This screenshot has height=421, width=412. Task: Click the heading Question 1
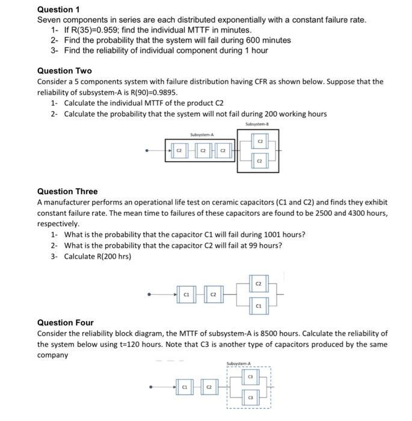(58, 10)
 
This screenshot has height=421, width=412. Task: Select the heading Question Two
(64, 71)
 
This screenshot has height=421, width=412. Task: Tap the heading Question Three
(67, 191)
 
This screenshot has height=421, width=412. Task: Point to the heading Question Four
(66, 322)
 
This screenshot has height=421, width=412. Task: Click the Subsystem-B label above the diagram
(257, 124)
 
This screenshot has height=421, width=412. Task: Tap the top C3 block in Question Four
(251, 376)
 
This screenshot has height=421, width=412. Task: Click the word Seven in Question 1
(49, 20)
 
